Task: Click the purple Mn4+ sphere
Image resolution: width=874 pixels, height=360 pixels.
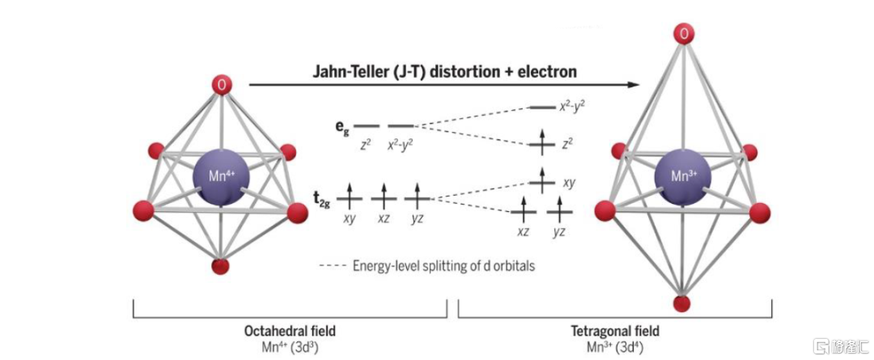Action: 221,176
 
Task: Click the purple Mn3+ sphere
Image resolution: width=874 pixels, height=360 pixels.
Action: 684,176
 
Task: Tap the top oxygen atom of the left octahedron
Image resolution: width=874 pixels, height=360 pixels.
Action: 222,84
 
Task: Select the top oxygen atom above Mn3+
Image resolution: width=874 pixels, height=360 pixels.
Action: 685,33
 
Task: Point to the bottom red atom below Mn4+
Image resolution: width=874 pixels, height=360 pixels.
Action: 220,266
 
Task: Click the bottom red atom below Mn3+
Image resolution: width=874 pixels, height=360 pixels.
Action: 682,303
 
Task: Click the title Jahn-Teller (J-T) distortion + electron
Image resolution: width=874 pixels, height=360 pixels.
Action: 444,71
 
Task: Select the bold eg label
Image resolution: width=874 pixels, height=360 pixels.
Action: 343,127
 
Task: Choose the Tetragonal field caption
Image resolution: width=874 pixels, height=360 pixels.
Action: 617,331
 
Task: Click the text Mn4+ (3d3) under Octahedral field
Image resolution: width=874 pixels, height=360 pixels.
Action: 291,346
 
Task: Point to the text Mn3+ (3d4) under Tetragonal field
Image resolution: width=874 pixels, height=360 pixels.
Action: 617,346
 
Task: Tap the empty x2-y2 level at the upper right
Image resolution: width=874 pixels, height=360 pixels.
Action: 541,107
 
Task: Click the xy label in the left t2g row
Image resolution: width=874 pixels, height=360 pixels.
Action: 350,218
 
